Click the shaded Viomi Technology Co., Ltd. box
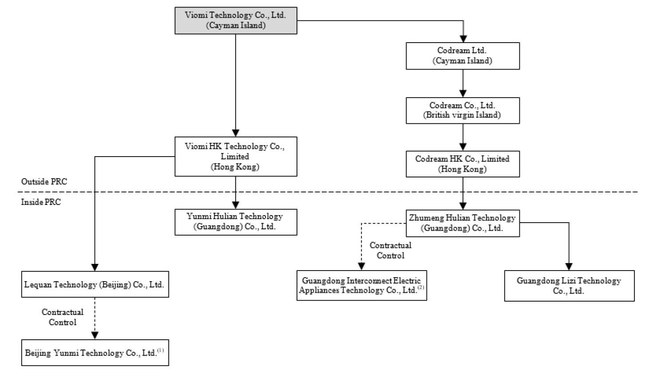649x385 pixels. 236,20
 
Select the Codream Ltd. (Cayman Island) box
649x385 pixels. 463,56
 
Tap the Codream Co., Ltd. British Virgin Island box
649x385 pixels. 463,110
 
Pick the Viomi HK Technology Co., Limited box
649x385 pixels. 236,156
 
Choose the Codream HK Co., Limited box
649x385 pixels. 463,164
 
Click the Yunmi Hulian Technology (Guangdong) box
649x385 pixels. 236,222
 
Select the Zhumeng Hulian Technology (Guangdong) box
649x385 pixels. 463,223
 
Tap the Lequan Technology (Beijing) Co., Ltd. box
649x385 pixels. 95,284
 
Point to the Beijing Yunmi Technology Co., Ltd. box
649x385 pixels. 95,353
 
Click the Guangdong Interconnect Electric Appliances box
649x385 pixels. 362,285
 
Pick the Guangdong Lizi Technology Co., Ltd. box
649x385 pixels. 570,286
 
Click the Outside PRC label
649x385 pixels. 44,181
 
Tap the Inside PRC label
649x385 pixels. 41,202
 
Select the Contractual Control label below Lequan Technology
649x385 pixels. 63,317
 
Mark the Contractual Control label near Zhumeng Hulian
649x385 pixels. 391,251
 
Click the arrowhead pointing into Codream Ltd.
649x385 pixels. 463,39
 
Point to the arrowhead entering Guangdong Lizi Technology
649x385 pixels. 569,267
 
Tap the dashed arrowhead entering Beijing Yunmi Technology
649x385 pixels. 95,336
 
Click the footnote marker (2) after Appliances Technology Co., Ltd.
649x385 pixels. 421,287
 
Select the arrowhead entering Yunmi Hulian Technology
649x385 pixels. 236,205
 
